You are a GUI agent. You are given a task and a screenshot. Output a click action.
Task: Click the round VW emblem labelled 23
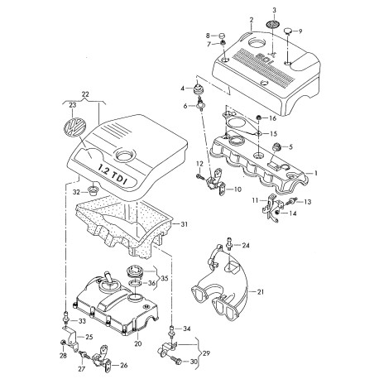74,127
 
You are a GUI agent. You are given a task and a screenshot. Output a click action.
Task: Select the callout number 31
184,224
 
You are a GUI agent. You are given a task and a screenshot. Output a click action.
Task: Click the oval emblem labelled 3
273,24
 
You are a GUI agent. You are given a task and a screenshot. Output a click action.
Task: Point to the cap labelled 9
289,31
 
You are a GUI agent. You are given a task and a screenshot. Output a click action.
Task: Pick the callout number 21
261,291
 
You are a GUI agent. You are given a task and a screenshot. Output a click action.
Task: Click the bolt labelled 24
229,243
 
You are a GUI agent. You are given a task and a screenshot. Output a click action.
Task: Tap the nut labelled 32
93,190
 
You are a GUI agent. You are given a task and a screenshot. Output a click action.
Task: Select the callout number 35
164,278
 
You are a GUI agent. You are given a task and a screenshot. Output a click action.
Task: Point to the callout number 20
138,343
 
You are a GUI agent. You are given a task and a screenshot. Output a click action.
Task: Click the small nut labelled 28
63,343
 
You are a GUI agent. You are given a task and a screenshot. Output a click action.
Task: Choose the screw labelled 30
176,359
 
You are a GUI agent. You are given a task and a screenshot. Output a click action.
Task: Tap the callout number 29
206,353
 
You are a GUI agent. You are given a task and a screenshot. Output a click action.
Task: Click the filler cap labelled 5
276,146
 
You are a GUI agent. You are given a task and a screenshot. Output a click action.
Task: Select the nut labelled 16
259,118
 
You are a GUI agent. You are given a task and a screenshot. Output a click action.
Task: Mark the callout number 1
316,173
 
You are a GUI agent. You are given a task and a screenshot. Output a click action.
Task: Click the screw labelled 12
199,175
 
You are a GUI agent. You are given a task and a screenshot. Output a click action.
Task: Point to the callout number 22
85,94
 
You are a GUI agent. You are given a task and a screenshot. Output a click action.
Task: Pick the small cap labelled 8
223,36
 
